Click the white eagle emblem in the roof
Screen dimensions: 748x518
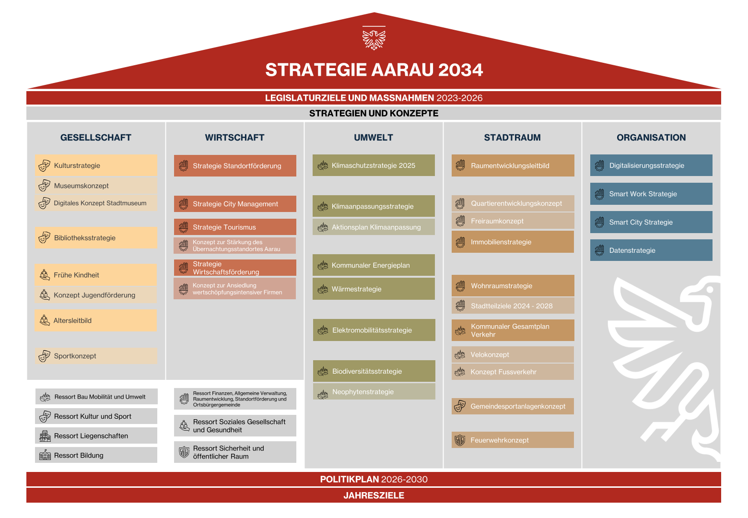click(x=374, y=39)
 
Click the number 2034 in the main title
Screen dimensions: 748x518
click(x=460, y=70)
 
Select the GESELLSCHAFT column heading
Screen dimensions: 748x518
click(x=96, y=137)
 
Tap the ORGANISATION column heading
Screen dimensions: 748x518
click(x=651, y=137)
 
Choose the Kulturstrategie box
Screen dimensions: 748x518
click(x=96, y=165)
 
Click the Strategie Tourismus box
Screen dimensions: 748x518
click(x=235, y=227)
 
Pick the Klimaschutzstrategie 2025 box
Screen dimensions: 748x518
click(x=374, y=165)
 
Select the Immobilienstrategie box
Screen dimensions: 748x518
click(x=513, y=242)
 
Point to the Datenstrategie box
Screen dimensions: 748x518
click(x=651, y=250)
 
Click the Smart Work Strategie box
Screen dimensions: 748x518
click(x=651, y=194)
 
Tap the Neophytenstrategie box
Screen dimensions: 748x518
click(x=374, y=391)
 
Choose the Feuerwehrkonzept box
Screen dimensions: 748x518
click(x=513, y=440)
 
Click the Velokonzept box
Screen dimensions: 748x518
click(x=513, y=354)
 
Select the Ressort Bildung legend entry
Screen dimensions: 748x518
click(x=96, y=455)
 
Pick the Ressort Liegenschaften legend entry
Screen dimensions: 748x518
click(x=96, y=436)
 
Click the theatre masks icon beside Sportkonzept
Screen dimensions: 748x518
click(x=44, y=356)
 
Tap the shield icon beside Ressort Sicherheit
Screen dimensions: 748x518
click(x=184, y=452)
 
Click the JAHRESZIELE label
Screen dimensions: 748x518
click(x=374, y=495)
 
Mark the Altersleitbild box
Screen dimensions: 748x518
click(x=96, y=320)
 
